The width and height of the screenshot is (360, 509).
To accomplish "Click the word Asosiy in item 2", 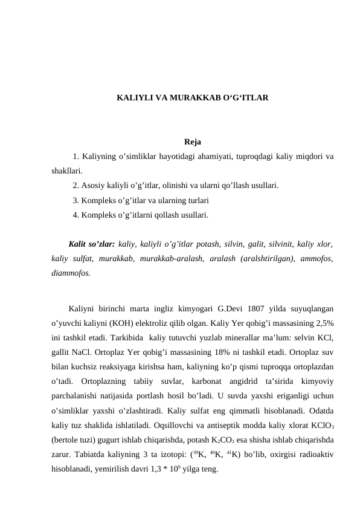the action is (92, 185).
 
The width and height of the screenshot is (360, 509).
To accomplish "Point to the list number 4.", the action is (75, 214).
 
